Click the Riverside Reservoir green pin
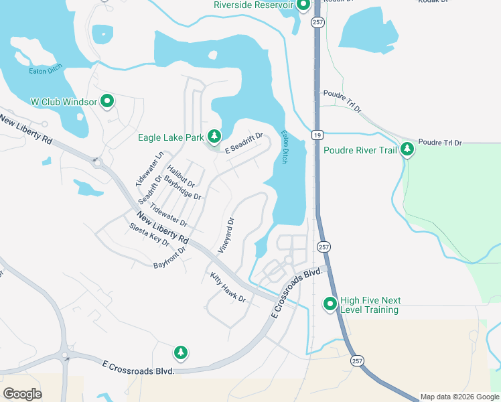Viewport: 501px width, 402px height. tap(303, 5)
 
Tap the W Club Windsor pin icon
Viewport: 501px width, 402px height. tap(107, 102)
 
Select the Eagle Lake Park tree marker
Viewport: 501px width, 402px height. tap(214, 137)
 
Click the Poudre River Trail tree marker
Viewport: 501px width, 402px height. tap(407, 150)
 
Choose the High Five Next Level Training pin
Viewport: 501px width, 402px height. tap(330, 305)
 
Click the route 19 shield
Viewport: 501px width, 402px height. tap(315, 135)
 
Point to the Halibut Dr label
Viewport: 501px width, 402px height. tap(181, 176)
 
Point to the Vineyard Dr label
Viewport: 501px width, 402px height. tap(226, 234)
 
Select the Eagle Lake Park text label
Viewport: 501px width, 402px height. tap(170, 138)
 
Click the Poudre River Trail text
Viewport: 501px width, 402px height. tap(360, 150)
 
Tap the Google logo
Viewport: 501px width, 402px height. tap(22, 393)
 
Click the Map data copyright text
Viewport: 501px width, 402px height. tap(459, 397)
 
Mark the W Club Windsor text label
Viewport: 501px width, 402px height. tap(64, 102)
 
